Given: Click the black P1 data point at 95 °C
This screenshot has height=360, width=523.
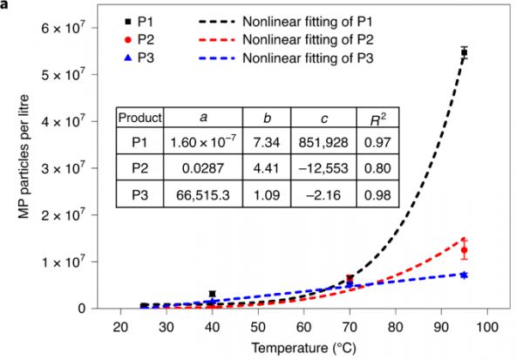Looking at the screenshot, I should pos(465,53).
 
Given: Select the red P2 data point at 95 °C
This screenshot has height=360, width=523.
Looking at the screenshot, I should pos(465,250).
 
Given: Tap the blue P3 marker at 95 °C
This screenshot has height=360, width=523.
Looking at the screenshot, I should pos(465,275).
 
